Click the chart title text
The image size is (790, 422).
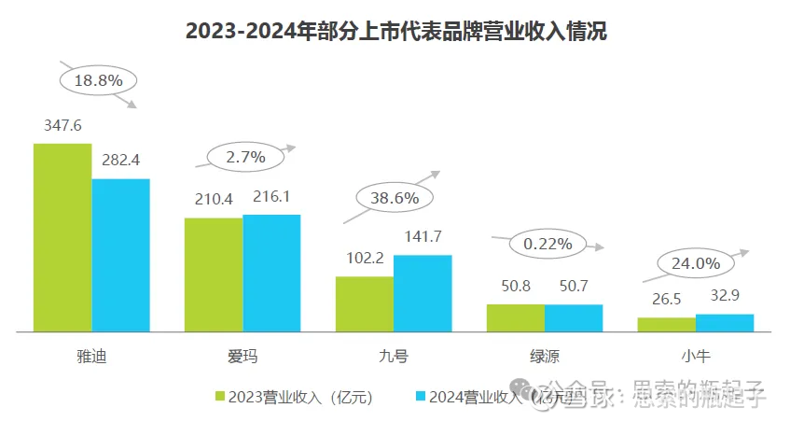[x=395, y=31]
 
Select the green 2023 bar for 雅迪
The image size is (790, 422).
[x=62, y=237]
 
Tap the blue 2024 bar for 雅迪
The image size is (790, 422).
[x=120, y=255]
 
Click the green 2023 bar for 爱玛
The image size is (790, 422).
[x=214, y=274]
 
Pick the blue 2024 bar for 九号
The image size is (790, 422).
[x=423, y=293]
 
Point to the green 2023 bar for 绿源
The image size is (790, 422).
[x=515, y=317]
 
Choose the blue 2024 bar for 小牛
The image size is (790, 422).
[x=725, y=322]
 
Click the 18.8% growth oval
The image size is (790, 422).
[x=98, y=80]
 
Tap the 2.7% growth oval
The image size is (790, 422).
[x=245, y=156]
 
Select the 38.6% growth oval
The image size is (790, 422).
[x=395, y=198]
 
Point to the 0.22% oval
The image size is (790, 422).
[x=547, y=244]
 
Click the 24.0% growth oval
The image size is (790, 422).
[x=695, y=263]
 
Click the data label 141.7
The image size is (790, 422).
[x=422, y=235]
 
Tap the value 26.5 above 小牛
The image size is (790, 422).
[x=666, y=299]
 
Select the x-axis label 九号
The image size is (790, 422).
[x=394, y=356]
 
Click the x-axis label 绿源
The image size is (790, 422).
[x=545, y=356]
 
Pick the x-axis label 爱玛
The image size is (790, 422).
[x=243, y=356]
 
